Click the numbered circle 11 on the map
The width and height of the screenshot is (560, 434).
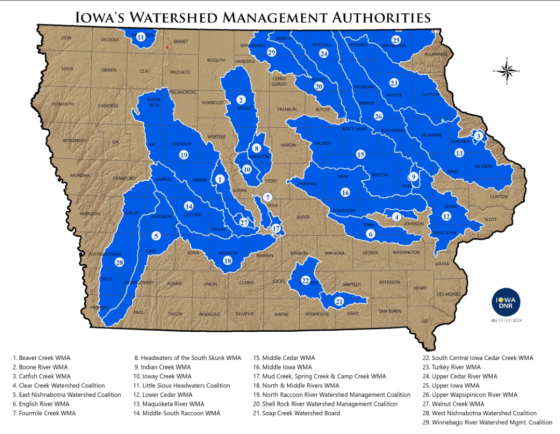(141, 37)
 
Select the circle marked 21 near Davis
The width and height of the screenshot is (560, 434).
(339, 301)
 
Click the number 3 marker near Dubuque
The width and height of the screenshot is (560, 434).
(479, 136)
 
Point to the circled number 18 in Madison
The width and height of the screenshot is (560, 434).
(228, 261)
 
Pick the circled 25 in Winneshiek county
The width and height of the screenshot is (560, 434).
(396, 40)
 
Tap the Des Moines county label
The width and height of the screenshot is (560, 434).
(449, 294)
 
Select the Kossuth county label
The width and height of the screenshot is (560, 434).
(216, 60)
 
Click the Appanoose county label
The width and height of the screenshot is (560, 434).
(317, 314)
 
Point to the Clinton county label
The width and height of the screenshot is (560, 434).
(498, 197)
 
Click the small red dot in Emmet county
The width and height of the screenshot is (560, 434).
(167, 48)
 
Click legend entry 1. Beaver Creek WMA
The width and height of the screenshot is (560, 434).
(41, 358)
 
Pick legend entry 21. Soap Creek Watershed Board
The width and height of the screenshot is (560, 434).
(297, 413)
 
